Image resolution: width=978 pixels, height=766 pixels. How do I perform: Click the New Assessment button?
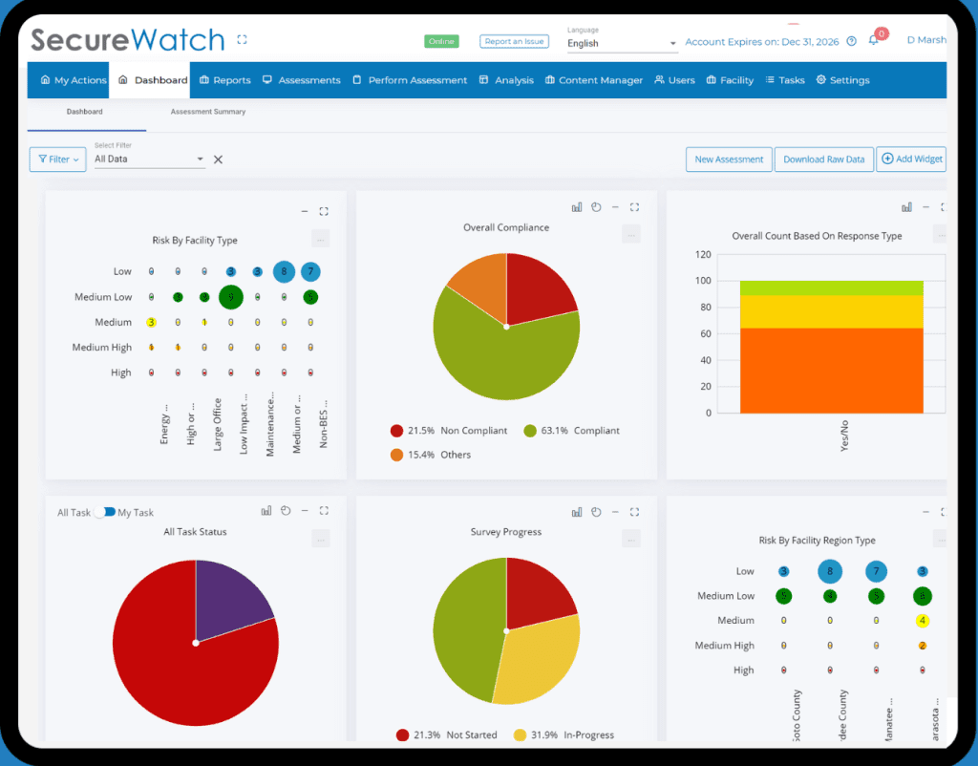[x=729, y=160]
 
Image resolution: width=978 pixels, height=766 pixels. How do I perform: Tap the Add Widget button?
[x=910, y=160]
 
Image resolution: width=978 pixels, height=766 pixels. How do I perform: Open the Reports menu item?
[x=225, y=80]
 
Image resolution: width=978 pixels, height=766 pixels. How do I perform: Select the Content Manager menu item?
[x=593, y=80]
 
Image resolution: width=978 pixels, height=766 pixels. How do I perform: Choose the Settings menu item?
[x=842, y=80]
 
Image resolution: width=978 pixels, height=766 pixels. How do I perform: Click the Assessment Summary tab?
[x=207, y=112]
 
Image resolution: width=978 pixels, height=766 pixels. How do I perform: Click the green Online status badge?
[x=441, y=42]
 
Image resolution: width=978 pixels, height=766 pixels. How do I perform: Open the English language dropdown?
[x=621, y=43]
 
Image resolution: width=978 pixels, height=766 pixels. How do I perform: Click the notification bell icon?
[x=873, y=40]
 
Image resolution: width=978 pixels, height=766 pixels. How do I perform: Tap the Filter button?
[x=58, y=160]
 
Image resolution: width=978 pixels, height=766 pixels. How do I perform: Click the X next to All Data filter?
[x=218, y=160]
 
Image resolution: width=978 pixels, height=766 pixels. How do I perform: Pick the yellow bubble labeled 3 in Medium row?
[x=151, y=323]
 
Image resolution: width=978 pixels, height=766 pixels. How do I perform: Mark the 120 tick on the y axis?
[x=703, y=255]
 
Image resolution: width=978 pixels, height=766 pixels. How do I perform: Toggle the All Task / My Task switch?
[x=105, y=513]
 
